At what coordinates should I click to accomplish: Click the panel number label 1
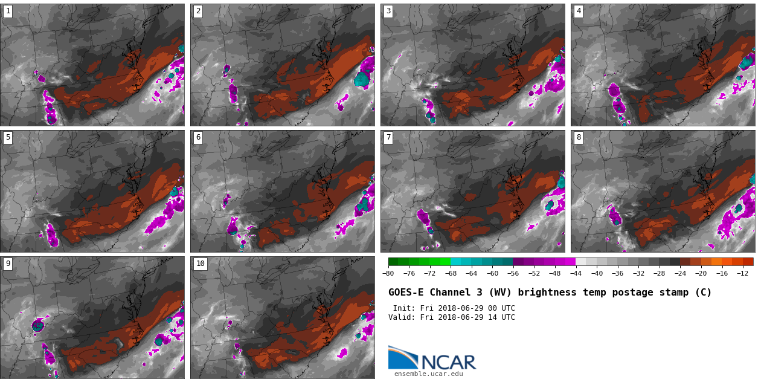point(8,11)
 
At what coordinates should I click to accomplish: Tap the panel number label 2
point(198,11)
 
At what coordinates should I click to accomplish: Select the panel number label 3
point(388,11)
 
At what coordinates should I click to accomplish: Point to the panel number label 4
point(579,11)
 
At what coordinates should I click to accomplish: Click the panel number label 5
point(8,137)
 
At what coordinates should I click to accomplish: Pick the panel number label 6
point(198,137)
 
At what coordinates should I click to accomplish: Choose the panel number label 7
point(388,137)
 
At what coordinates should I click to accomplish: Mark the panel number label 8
point(579,137)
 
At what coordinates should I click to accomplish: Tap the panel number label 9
point(8,264)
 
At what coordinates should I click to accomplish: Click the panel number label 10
point(200,264)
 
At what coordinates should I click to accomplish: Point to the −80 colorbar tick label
point(388,273)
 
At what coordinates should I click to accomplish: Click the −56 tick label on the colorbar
point(513,273)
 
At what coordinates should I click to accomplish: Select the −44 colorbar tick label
point(576,273)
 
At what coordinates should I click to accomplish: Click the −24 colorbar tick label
point(680,273)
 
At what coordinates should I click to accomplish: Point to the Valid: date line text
point(452,317)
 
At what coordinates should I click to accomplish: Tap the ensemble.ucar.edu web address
point(428,374)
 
